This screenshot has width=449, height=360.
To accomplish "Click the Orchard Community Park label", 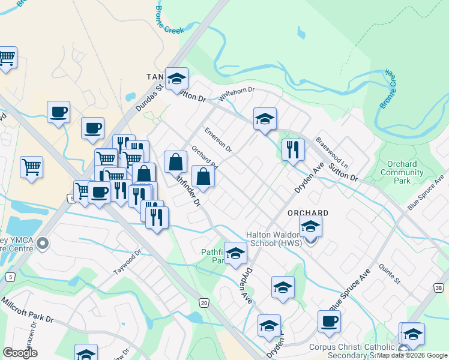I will pos(403,172).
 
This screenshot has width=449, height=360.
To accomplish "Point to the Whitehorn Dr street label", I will pos(237,94).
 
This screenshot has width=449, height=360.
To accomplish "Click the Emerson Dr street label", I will pos(218,138).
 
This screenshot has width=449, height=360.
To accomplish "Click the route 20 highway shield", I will pos(205,303).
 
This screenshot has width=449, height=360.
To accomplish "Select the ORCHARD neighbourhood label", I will pos(308,213).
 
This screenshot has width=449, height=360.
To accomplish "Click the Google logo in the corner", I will pos(20,353).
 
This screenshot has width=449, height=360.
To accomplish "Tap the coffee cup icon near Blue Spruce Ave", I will pos(329,321).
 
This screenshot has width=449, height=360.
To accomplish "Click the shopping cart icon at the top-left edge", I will pos(7,58).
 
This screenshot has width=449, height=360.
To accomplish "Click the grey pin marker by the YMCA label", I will pos(42,244).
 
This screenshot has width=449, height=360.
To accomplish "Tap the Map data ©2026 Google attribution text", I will pos(412,356).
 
